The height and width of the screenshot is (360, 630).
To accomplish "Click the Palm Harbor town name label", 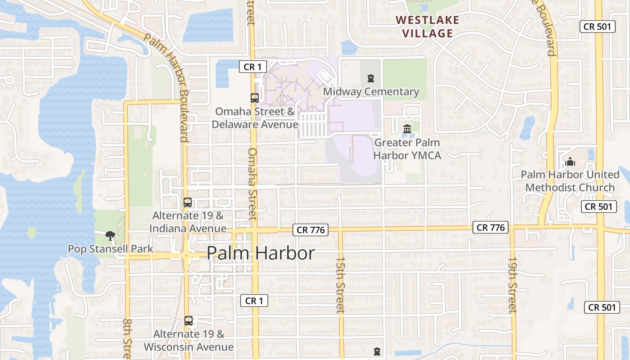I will point(261,253).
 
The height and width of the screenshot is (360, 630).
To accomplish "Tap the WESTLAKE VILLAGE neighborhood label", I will point(428,27).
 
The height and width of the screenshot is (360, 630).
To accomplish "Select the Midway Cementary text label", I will point(371,92).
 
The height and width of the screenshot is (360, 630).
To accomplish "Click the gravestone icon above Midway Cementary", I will point(370,78).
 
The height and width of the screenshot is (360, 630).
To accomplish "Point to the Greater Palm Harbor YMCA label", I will point(407,149).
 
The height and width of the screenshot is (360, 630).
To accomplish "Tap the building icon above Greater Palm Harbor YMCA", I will point(407,129).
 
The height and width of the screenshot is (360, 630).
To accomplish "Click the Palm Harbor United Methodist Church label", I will point(570,181).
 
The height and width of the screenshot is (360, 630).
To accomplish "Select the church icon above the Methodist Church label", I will point(570,162).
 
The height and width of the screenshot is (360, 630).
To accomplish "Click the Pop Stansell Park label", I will point(110,249).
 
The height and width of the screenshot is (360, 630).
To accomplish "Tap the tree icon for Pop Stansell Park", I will point(109,235).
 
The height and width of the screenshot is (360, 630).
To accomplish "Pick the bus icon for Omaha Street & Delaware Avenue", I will point(254,98).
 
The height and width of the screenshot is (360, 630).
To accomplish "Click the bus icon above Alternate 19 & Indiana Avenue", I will point(188,202).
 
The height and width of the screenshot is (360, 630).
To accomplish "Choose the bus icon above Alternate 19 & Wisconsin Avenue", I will point(189,321).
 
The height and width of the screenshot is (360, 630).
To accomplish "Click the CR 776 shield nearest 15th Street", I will point(310,230).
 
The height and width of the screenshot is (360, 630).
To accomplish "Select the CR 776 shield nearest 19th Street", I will point(491,228).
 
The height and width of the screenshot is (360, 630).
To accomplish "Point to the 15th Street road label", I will point(341,285).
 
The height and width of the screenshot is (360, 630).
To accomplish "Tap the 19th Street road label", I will point(513,285).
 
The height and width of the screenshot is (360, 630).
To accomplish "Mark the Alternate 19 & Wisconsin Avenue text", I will point(189,341).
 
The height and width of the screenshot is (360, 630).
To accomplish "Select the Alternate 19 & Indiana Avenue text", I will point(188,222).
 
